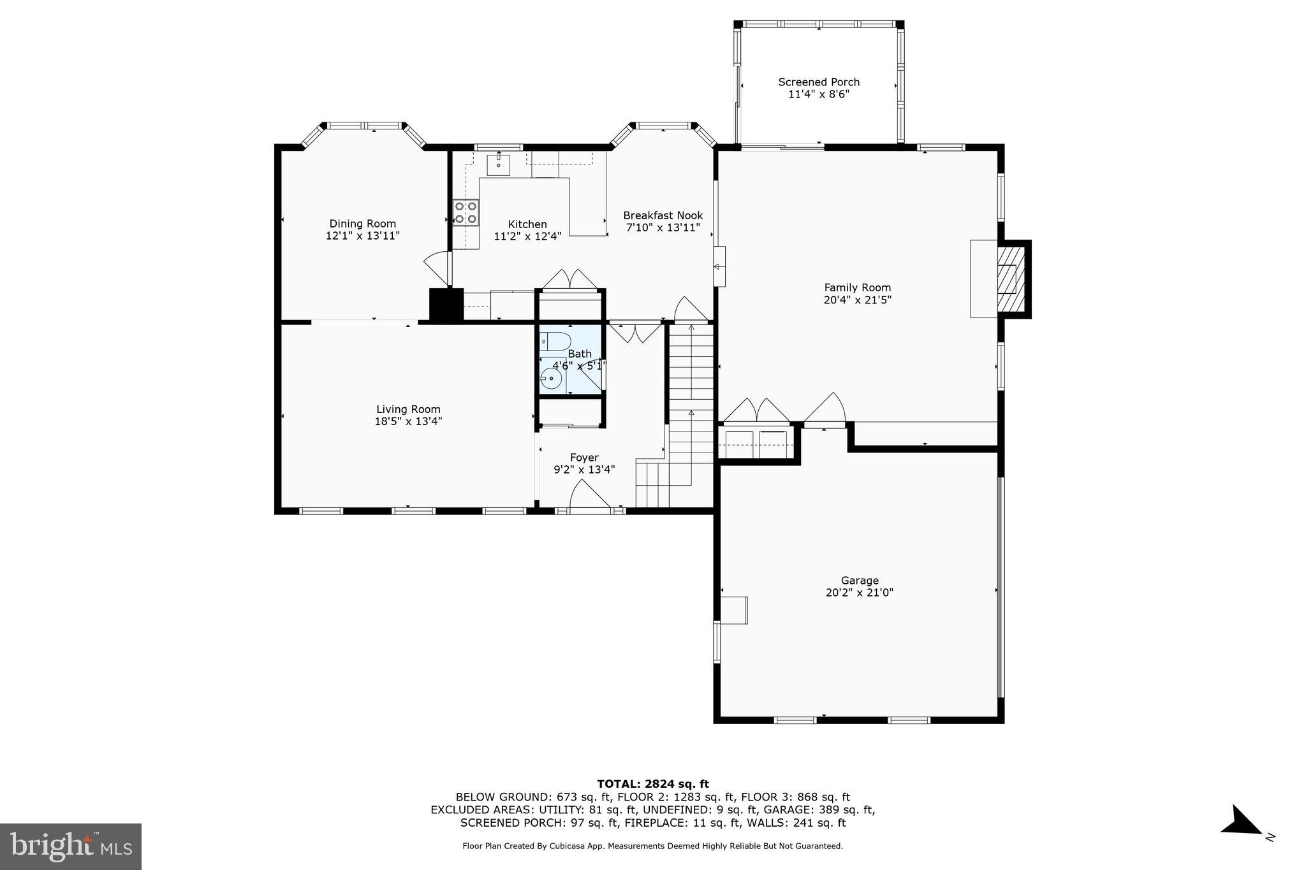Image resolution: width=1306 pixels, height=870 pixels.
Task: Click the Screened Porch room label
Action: point(818,82)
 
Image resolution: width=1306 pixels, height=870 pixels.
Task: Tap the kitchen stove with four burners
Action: point(466,213)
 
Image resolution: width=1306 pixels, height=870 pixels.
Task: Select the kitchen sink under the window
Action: point(498,164)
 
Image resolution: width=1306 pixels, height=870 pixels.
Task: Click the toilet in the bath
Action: point(555,341)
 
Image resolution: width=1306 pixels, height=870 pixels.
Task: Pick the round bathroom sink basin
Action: point(550,379)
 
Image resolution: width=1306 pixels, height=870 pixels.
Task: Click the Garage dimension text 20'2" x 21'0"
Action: point(859,593)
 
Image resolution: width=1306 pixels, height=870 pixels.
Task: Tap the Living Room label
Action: point(408,409)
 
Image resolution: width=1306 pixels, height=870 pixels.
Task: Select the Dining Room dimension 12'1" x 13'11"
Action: point(362,236)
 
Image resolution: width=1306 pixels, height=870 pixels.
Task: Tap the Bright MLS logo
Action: point(70,846)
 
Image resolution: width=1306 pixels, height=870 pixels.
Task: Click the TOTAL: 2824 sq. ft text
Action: point(652,784)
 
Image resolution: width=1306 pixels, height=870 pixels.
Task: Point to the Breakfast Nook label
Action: point(663,215)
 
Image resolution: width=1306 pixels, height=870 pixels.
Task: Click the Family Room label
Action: point(857,287)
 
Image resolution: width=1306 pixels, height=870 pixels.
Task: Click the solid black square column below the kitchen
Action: point(446,305)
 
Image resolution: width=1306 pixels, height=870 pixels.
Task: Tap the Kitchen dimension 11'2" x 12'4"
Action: point(527,236)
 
